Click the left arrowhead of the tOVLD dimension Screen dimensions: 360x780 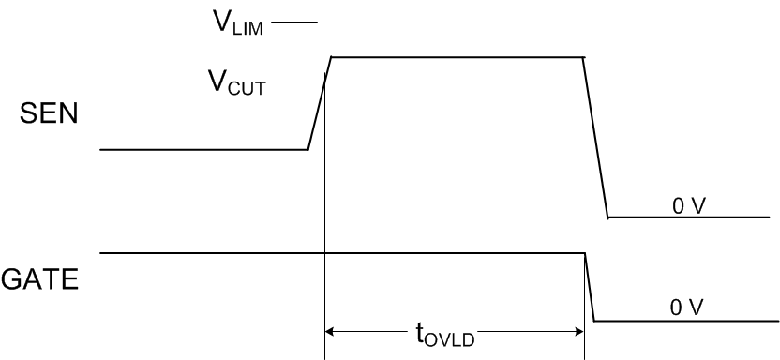pos(330,330)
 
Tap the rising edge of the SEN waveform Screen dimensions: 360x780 pos(321,103)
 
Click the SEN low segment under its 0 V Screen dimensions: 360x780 pos(688,217)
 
